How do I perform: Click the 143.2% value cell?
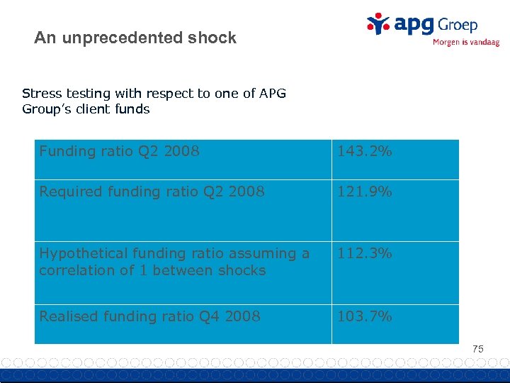point(364,151)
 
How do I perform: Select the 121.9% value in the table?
point(364,191)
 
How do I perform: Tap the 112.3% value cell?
point(364,253)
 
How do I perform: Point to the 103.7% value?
point(364,316)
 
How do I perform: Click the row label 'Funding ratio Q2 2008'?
point(119,151)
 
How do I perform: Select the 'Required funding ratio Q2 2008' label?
point(152,191)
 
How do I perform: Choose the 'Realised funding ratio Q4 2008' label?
point(149,316)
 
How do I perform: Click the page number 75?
point(478,349)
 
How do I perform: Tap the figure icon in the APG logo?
point(378,23)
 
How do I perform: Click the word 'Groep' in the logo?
point(458,25)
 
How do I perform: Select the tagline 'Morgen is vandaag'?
point(465,43)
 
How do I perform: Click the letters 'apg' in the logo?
point(413,25)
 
